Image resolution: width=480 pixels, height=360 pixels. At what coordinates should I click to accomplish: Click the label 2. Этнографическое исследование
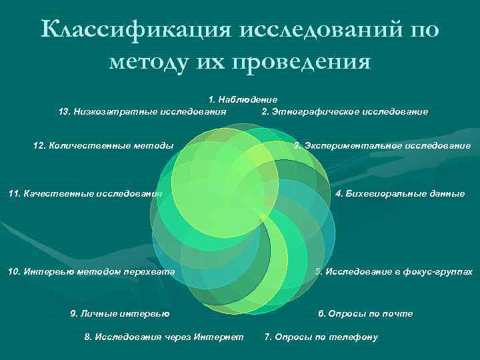tap(345, 111)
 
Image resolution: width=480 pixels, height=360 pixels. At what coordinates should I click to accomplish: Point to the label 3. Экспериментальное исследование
tap(382, 145)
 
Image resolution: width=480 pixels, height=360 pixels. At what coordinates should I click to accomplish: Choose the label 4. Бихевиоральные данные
tap(400, 194)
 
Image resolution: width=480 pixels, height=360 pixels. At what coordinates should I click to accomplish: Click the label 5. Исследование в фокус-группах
tap(394, 272)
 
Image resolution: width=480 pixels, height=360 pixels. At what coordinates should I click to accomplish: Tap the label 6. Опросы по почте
tap(365, 313)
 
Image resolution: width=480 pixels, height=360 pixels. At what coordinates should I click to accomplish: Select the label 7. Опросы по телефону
tap(321, 337)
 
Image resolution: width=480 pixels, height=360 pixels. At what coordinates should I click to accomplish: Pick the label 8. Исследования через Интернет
tap(164, 337)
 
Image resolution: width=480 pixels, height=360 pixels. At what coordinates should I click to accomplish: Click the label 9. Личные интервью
tap(119, 313)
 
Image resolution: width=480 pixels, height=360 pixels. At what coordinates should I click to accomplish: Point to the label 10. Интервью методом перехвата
tap(91, 272)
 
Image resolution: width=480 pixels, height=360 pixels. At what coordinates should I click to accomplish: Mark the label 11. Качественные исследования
tap(85, 194)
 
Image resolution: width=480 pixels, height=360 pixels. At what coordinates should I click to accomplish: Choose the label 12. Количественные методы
tap(103, 145)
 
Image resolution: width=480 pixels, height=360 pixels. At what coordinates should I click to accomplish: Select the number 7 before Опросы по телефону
tap(267, 337)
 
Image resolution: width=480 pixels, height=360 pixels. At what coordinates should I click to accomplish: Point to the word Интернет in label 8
tap(219, 337)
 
